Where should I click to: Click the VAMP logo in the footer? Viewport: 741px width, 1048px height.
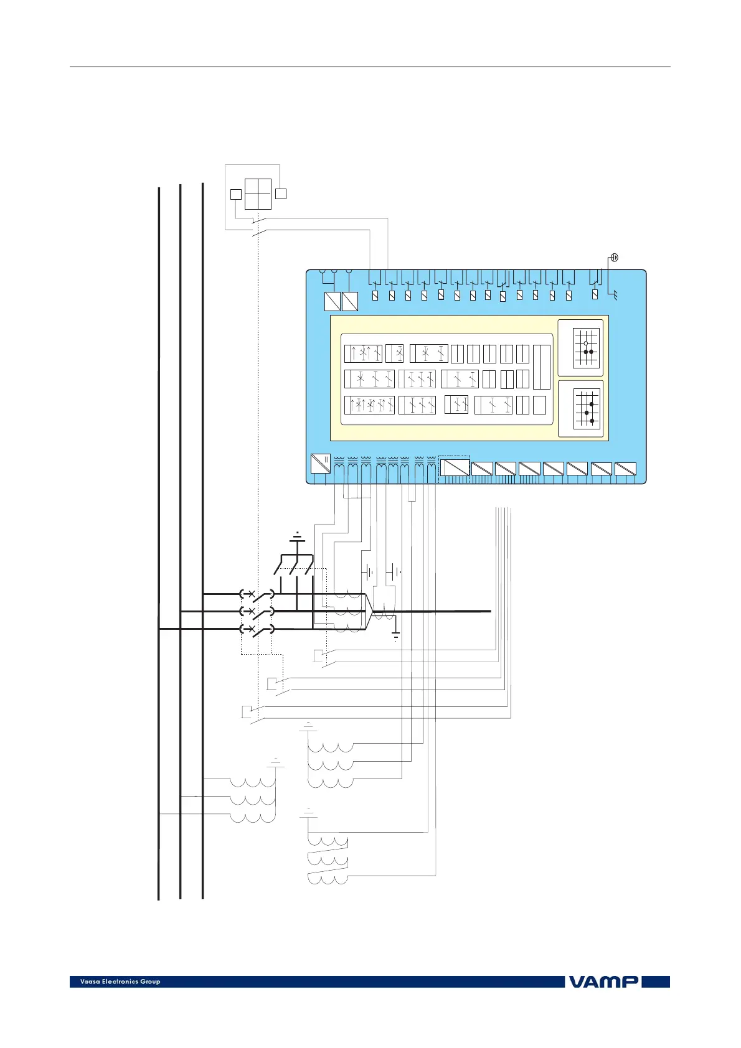602,981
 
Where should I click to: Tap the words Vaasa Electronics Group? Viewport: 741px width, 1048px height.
120,981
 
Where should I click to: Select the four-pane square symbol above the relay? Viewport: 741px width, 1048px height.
258,194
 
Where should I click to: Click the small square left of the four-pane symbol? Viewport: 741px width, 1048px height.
235,194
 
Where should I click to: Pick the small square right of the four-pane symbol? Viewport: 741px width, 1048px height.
281,194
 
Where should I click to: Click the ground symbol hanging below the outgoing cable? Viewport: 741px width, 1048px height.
395,636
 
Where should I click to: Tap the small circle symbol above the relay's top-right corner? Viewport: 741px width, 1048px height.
614,258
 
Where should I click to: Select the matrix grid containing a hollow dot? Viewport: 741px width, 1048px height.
586,347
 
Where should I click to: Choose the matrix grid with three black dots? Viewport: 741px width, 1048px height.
586,408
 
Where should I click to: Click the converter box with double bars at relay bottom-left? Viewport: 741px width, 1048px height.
320,464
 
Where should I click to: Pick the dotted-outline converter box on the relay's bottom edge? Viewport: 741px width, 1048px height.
455,467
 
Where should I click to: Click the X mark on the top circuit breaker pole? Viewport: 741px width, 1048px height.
251,594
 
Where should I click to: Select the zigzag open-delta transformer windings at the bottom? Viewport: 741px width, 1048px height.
328,861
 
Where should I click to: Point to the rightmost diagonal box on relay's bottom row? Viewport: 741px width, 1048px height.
625,469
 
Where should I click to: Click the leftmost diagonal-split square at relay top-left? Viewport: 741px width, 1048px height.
333,302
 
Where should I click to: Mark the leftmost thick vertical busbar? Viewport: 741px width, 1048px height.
159,541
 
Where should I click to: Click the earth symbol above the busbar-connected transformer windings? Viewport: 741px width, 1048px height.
276,763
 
